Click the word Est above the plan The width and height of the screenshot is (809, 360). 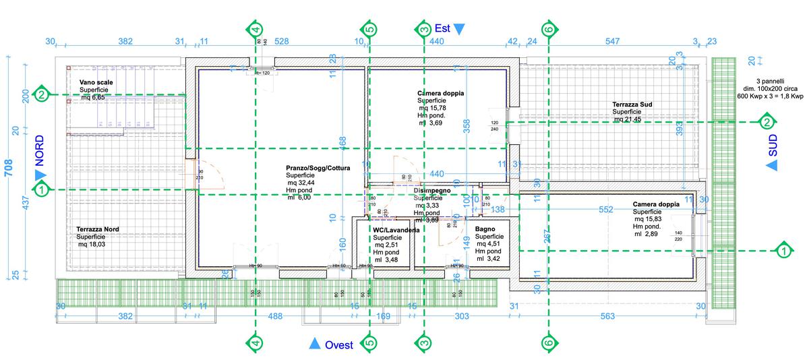442,28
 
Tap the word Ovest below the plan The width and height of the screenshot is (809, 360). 339,345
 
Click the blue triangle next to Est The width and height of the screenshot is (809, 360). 459,29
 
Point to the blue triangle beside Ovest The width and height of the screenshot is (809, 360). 314,344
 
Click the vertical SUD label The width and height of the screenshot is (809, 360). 773,146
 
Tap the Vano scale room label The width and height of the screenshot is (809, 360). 96,82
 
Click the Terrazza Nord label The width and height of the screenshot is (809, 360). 98,229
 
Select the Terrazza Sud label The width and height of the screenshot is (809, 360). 632,104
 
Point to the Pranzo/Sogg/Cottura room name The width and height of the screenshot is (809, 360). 318,168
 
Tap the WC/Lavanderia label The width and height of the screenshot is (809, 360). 396,230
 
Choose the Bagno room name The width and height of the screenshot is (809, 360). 485,229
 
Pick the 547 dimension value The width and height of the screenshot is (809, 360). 612,42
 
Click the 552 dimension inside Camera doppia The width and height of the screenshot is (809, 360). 605,210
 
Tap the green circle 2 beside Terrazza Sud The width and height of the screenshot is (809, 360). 767,122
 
